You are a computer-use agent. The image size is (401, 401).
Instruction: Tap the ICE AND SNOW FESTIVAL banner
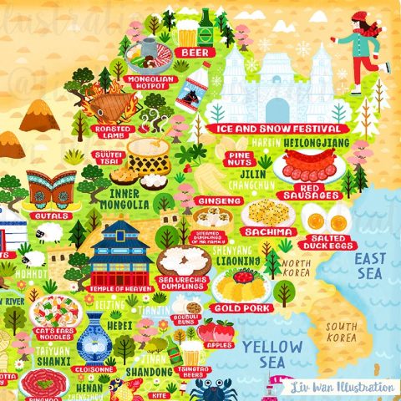275,129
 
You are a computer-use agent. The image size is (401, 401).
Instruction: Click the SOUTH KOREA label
342,332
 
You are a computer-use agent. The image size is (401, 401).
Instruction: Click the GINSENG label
220,201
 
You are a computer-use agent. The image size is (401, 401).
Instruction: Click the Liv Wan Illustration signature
343,387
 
